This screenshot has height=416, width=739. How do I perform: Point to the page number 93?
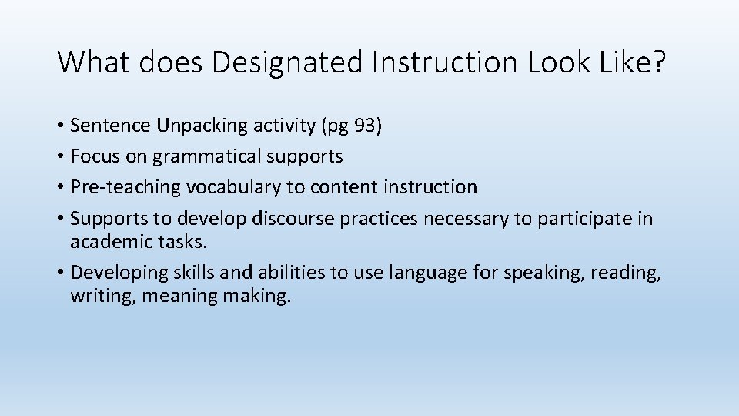tap(363, 126)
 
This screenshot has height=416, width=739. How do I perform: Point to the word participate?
tap(584, 219)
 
